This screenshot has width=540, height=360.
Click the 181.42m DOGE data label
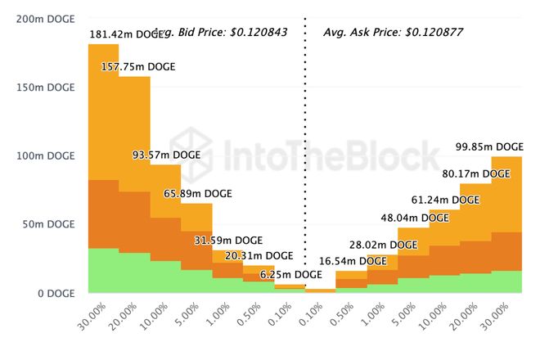click(x=126, y=35)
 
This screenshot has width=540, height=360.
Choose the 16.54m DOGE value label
click(x=352, y=261)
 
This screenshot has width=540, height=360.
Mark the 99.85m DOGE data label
click(x=489, y=147)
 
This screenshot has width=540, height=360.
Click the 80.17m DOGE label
click(x=475, y=173)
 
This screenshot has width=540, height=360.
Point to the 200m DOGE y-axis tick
click(x=43, y=18)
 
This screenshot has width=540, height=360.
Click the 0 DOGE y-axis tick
click(x=54, y=292)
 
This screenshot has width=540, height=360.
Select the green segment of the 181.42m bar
click(x=103, y=270)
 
